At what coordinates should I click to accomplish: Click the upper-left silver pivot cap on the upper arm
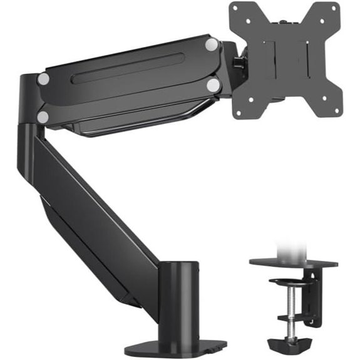pos(43,79)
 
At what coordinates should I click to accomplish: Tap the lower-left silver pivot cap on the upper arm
pos(43,116)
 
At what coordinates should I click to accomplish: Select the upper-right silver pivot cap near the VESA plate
pos(212,44)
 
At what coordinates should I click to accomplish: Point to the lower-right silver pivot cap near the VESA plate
pos(213,85)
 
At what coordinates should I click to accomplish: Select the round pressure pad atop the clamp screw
pos(290,282)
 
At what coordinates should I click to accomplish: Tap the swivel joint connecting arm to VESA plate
pos(238,63)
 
